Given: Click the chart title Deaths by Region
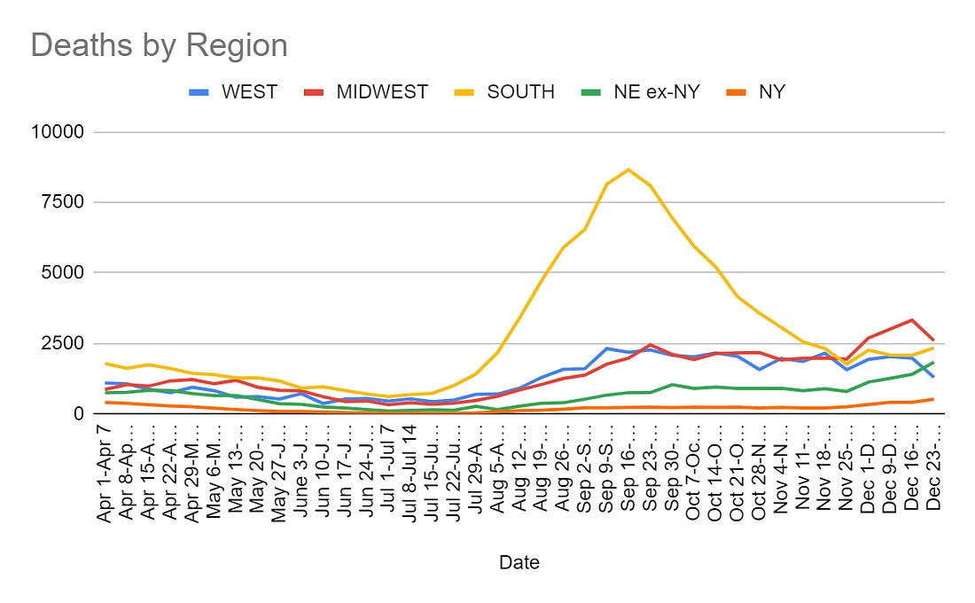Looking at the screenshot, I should tap(160, 45).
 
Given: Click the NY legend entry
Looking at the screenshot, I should tap(771, 91).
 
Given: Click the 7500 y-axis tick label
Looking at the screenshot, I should tap(62, 202).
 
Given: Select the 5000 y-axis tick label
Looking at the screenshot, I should tap(62, 272).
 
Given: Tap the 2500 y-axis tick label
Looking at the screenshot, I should tap(62, 343).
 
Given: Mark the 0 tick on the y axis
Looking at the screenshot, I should tap(78, 413).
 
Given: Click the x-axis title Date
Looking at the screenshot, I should tap(519, 562).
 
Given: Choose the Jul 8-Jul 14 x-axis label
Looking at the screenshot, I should tap(409, 469).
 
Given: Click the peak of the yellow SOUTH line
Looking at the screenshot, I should tap(628, 169).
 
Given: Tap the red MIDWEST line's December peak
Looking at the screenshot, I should tap(912, 320).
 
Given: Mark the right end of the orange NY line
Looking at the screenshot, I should tap(933, 399).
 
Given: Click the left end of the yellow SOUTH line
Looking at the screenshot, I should tap(106, 364).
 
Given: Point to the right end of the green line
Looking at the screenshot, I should tap(933, 362).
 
